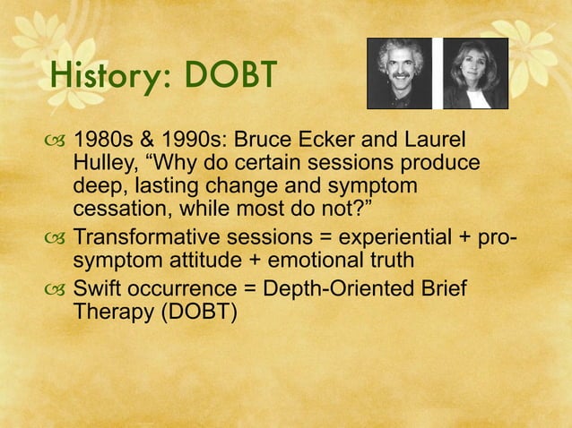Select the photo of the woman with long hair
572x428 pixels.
475,73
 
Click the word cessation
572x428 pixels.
112,208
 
